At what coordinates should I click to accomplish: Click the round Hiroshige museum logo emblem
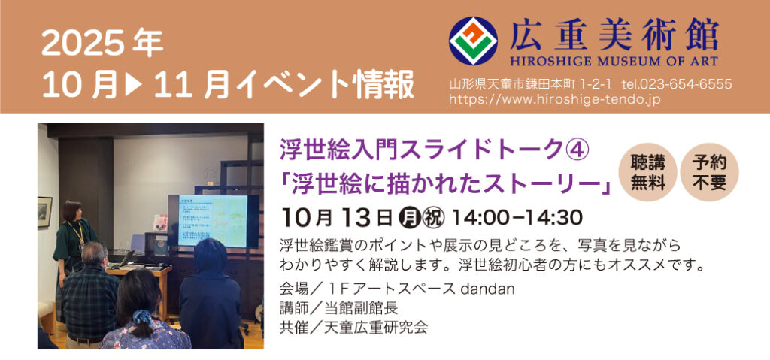click(473, 41)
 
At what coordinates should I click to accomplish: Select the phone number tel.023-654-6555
click(677, 84)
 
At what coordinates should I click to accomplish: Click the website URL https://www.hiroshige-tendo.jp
click(555, 99)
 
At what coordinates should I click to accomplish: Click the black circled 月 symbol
click(408, 216)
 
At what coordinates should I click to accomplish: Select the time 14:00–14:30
click(517, 216)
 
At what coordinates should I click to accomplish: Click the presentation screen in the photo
click(212, 221)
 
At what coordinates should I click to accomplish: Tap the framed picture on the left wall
click(44, 212)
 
